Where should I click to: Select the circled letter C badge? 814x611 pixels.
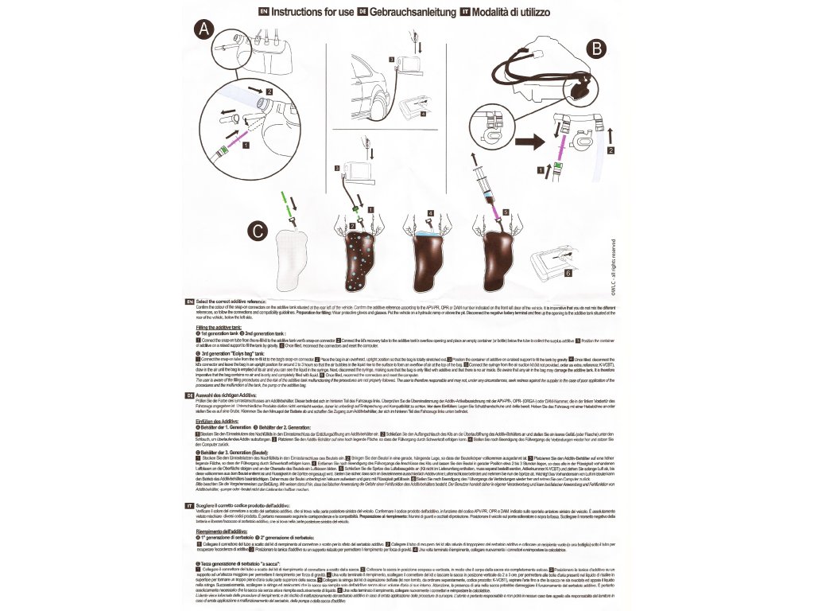(254, 232)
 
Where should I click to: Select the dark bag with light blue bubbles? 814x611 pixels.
(362, 255)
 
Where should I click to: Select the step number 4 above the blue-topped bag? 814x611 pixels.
(431, 213)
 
